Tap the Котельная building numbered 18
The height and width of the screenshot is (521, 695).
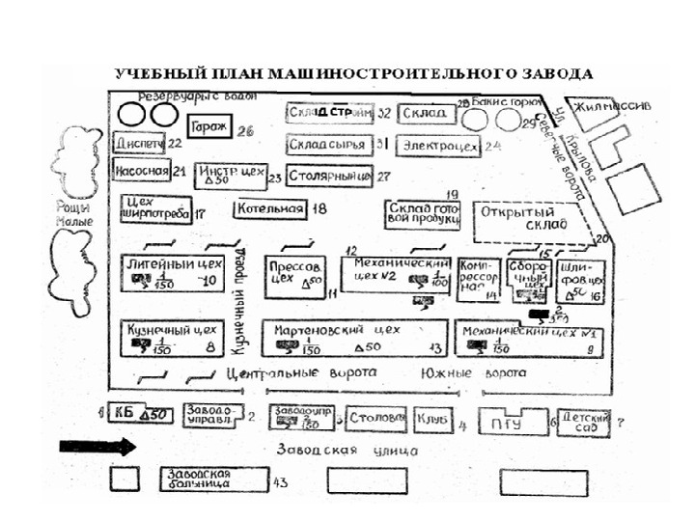point(269,208)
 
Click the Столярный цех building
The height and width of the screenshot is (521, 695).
point(329,176)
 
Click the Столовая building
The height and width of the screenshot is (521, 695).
point(374,421)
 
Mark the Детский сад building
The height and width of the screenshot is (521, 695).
point(586,422)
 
